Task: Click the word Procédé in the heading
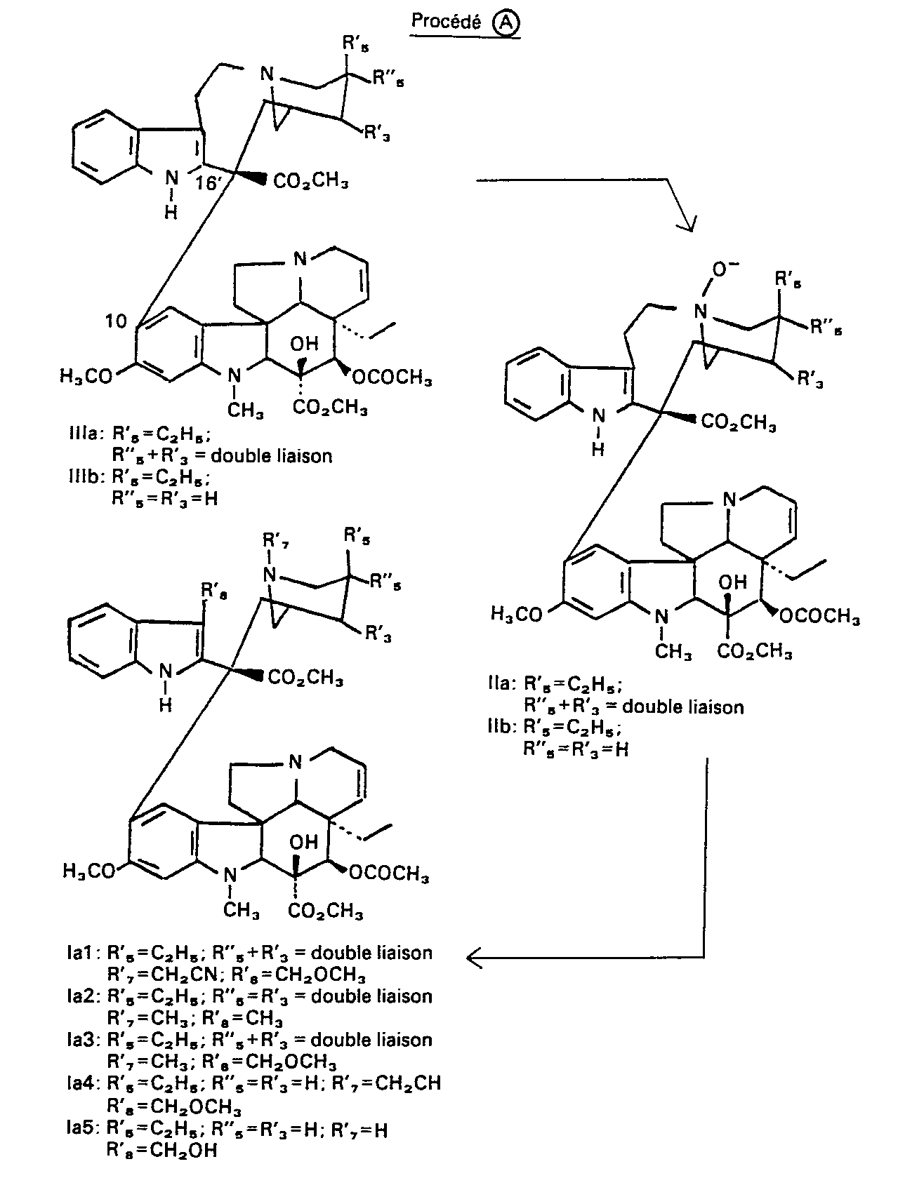[445, 22]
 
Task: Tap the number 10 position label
[116, 321]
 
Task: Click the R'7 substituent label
[276, 540]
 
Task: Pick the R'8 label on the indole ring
[213, 591]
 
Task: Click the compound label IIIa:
[85, 433]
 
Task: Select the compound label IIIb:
[85, 476]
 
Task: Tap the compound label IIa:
[502, 684]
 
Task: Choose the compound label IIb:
[502, 727]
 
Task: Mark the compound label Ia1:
[84, 953]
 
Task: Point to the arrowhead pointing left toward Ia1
[475, 957]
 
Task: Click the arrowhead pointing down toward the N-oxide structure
[687, 225]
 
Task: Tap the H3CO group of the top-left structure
[86, 376]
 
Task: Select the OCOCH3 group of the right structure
[819, 615]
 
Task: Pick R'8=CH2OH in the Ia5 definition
[161, 1149]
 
